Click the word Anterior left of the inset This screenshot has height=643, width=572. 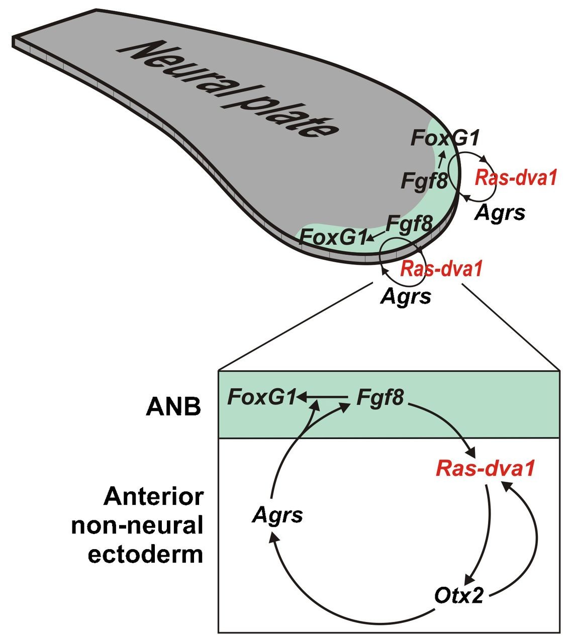pos(154,497)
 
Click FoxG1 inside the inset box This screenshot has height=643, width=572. pos(261,397)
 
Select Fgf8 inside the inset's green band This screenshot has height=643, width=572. pos(379,397)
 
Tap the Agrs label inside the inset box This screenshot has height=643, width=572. pos(278,515)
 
